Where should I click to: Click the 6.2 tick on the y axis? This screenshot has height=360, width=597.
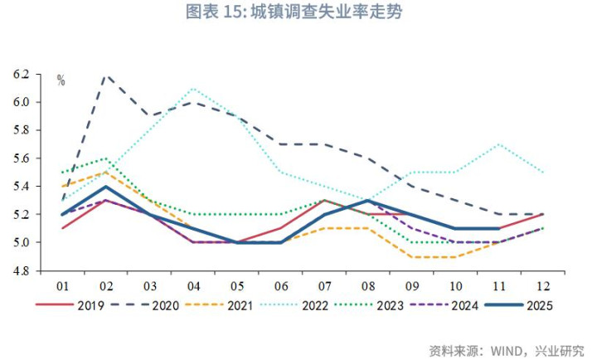pyautogui.click(x=22, y=75)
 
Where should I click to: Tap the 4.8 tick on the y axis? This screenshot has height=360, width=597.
pyautogui.click(x=22, y=271)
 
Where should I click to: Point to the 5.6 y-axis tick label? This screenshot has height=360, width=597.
pyautogui.click(x=22, y=158)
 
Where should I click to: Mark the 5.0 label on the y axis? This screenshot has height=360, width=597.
pyautogui.click(x=22, y=243)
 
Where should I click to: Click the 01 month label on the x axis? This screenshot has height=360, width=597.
pyautogui.click(x=62, y=285)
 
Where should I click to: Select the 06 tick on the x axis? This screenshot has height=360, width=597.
pyautogui.click(x=281, y=285)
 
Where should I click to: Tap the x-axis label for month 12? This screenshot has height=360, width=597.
pyautogui.click(x=542, y=285)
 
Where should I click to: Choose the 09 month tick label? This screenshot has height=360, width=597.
pyautogui.click(x=411, y=285)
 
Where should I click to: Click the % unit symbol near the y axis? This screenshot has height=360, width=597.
pyautogui.click(x=61, y=80)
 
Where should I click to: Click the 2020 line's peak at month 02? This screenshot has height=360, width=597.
pyautogui.click(x=106, y=75)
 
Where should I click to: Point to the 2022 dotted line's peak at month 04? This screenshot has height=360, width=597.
pyautogui.click(x=193, y=88)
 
